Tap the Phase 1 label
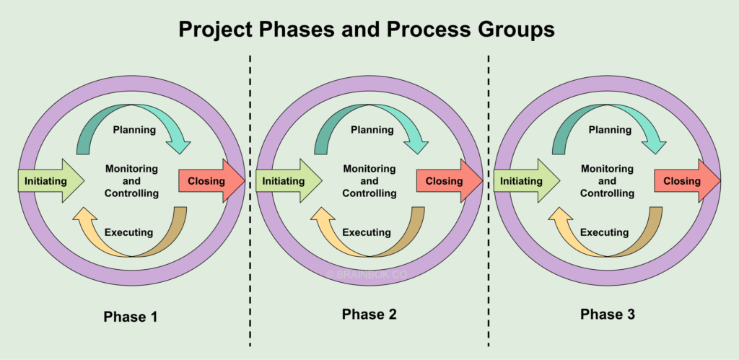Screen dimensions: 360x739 pos(130,317)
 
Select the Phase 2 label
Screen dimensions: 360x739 pos(369,315)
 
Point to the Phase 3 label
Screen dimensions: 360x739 pos(607,315)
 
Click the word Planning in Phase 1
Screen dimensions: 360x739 pos(134,130)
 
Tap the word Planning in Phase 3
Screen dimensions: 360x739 pos(610,130)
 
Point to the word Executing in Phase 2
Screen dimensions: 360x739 pos(367,232)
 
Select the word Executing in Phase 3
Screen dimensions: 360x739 pos(604,232)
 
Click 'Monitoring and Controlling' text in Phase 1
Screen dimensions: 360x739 pos(131,181)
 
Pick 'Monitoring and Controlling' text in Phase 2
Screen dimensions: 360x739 pos(369,181)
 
